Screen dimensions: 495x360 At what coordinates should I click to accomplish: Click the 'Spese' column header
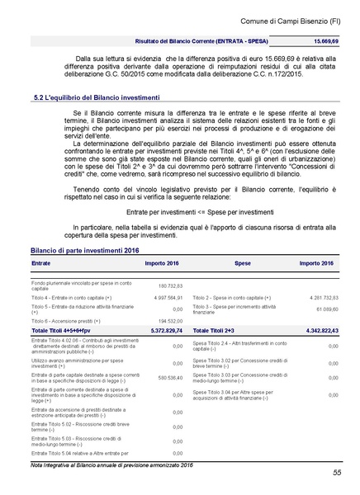point(243,262)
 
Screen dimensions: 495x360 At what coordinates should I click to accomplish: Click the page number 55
point(338,472)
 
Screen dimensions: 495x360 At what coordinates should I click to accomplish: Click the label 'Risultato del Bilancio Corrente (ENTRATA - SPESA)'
point(205,40)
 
